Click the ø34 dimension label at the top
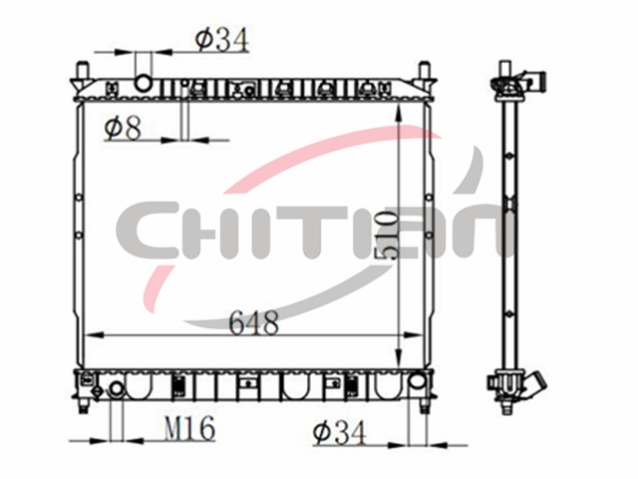point(221,40)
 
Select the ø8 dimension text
point(123,127)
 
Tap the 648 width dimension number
point(254,322)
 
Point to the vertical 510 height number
point(386,236)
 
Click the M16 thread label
point(189,428)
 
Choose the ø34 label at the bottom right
point(339,432)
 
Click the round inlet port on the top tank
point(144,83)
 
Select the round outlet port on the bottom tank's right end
point(417,381)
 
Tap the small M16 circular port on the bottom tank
point(118,389)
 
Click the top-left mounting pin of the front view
point(83,71)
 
